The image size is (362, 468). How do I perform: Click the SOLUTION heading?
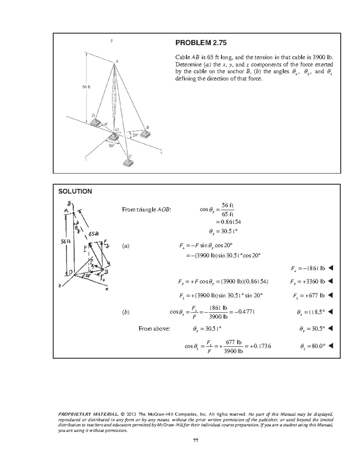tap(75, 191)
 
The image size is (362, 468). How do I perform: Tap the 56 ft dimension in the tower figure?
tap(87, 87)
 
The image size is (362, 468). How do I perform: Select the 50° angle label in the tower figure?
tap(112, 146)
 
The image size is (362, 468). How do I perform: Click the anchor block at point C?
tap(128, 163)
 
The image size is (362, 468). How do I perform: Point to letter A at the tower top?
tap(117, 61)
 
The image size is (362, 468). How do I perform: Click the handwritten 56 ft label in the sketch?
tap(65, 242)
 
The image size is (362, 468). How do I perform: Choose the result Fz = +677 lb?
tap(309, 296)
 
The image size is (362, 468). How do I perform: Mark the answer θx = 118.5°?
tap(311, 313)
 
